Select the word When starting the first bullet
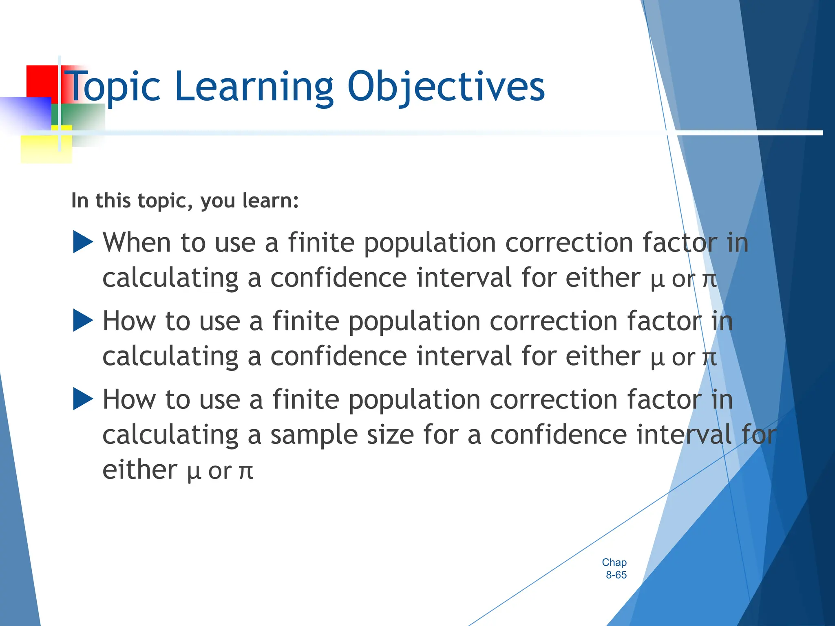pyautogui.click(x=137, y=243)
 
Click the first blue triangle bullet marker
pyautogui.click(x=83, y=242)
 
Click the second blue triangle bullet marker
pyautogui.click(x=83, y=320)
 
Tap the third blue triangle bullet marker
pyautogui.click(x=83, y=399)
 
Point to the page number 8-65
pyautogui.click(x=616, y=575)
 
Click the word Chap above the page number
pyautogui.click(x=614, y=562)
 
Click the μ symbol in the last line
pyautogui.click(x=194, y=472)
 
